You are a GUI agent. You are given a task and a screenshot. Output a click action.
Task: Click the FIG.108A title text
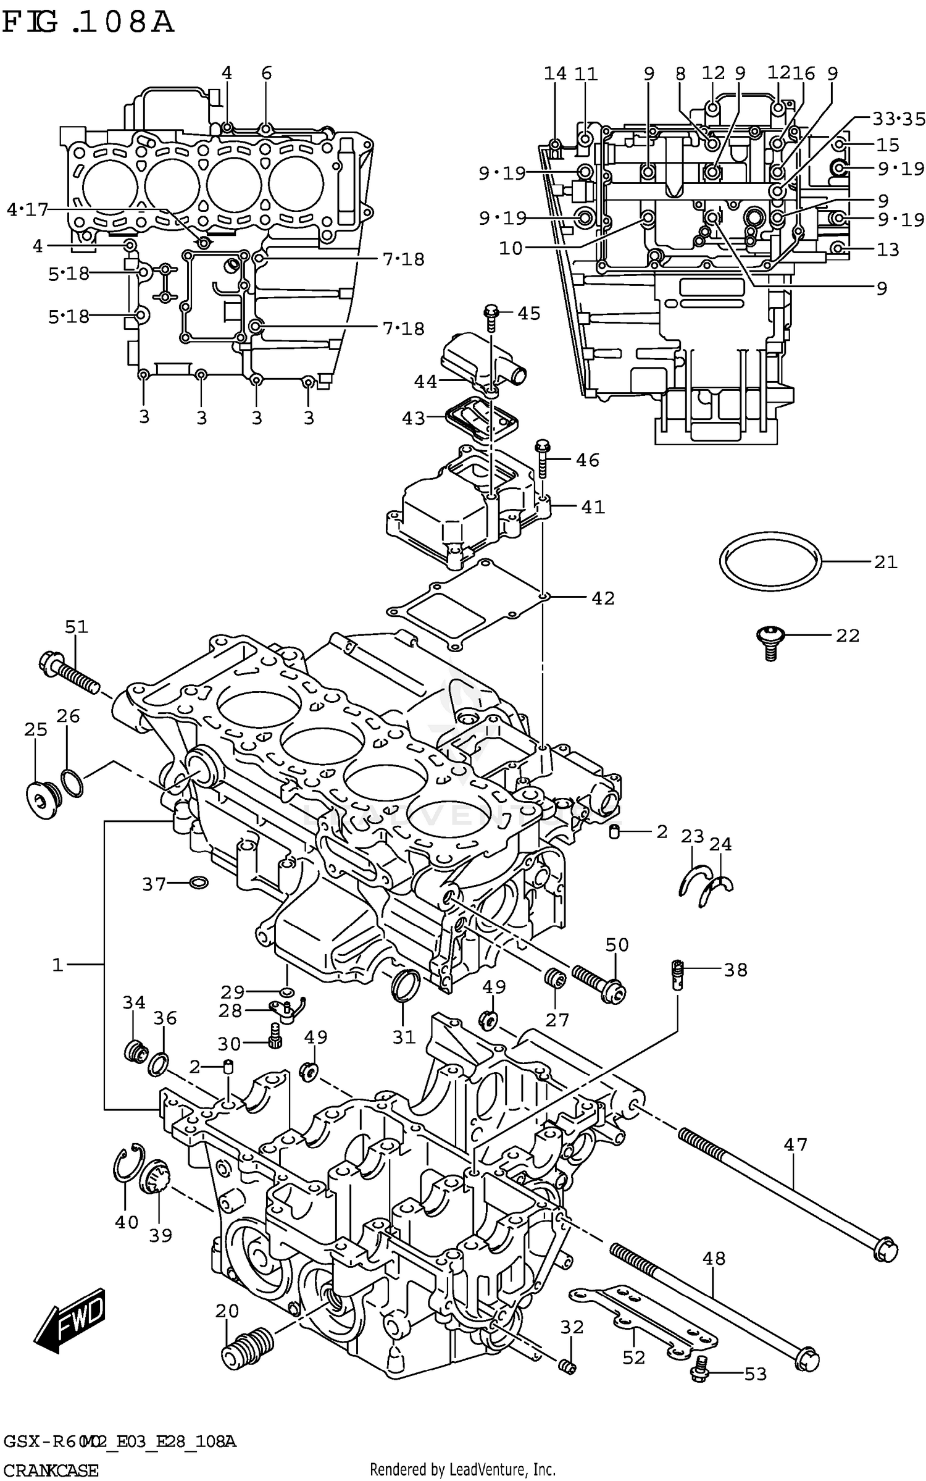tap(88, 23)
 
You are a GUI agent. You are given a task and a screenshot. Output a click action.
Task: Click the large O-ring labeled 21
tap(770, 561)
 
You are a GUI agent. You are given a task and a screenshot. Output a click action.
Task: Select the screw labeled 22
tap(769, 642)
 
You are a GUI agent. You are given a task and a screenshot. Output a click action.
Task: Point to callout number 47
tap(795, 1145)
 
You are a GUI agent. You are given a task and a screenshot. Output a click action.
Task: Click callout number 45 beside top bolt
tap(528, 313)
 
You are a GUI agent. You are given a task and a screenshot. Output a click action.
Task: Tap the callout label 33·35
tap(899, 119)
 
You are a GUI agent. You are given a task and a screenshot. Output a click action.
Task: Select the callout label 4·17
tap(27, 209)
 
